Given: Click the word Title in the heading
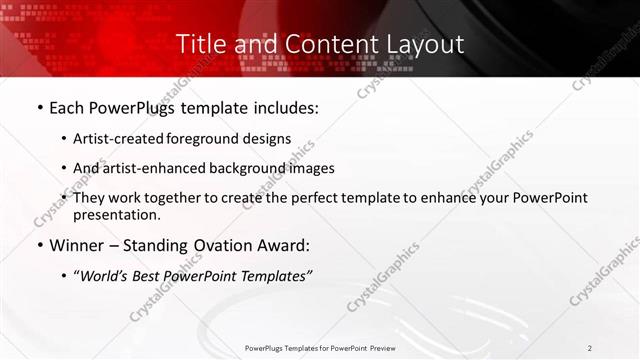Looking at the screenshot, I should [x=199, y=44].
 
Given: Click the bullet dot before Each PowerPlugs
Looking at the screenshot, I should [x=39, y=107].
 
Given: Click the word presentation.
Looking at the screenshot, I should [x=116, y=214].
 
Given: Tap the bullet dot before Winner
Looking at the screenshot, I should [x=39, y=245].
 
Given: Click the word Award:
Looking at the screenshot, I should [x=282, y=245].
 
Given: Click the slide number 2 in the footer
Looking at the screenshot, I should [x=590, y=347].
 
